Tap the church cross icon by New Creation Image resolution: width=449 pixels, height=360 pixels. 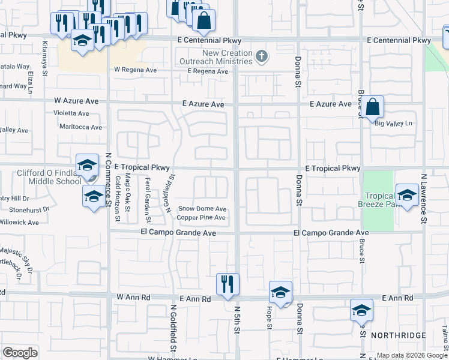(x=261, y=57)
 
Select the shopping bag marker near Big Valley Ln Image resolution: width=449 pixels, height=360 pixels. (x=372, y=107)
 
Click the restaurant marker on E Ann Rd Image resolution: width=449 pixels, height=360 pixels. (x=228, y=284)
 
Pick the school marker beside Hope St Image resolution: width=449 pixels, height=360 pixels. (x=280, y=292)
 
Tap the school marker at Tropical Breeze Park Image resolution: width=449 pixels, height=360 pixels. (x=407, y=196)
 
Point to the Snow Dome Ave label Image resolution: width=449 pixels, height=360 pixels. (x=202, y=209)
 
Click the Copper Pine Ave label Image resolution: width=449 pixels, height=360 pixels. (x=201, y=217)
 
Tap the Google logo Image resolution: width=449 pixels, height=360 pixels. (x=20, y=353)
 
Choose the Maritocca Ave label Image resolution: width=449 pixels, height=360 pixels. (x=80, y=127)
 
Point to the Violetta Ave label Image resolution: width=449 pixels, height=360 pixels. (x=71, y=112)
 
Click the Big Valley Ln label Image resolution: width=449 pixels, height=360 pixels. (x=394, y=124)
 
